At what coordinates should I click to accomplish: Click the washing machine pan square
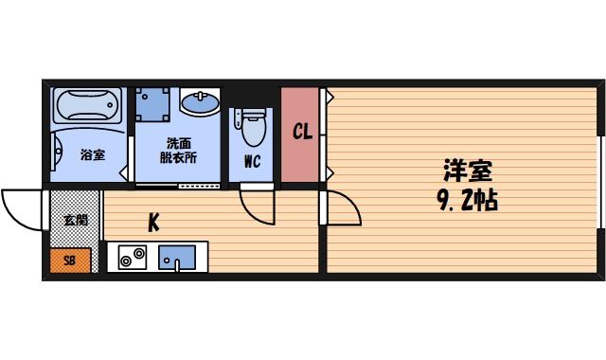[152, 103]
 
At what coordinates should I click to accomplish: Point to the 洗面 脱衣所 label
[178, 152]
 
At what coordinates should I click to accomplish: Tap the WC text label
[252, 161]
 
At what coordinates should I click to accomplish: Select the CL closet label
[302, 133]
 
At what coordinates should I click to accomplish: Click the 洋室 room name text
[470, 172]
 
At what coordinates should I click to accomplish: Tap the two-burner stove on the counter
[132, 257]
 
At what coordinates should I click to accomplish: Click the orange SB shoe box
[69, 260]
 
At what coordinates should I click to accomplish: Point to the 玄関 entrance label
[75, 220]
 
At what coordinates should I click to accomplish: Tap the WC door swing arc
[256, 205]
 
